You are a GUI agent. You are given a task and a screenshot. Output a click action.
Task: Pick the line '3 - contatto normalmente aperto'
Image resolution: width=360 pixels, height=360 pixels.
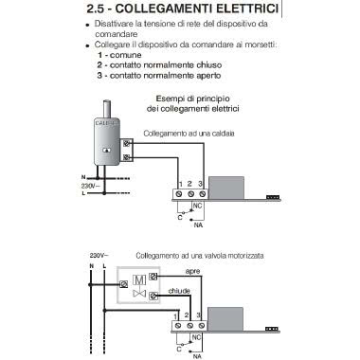[x=159, y=76]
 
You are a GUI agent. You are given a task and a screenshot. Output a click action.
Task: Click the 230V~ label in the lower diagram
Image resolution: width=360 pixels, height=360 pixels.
[x=99, y=256]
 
